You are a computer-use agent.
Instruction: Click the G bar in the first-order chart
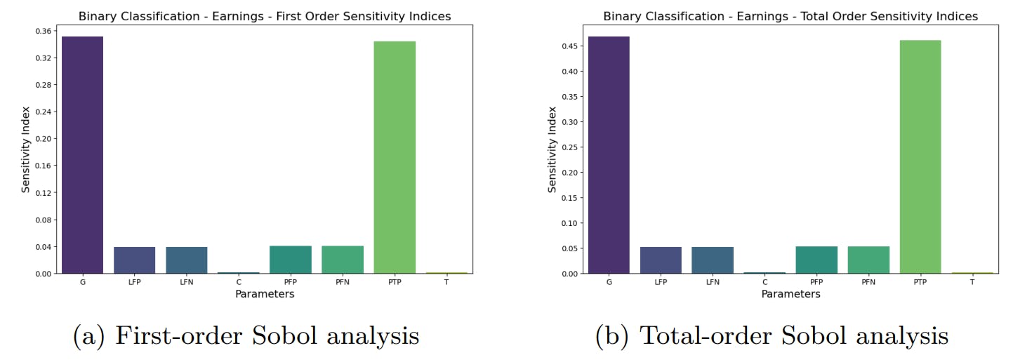pyautogui.click(x=82, y=154)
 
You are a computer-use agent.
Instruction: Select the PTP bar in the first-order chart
pyautogui.click(x=395, y=157)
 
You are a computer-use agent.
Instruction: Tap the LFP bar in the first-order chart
pyautogui.click(x=134, y=260)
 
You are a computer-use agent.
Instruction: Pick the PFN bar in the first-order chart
pyautogui.click(x=343, y=259)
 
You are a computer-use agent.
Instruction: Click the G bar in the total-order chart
pyautogui.click(x=609, y=154)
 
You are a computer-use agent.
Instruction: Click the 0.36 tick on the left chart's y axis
pyautogui.click(x=41, y=31)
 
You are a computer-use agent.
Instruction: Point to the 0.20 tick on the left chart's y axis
pyautogui.click(x=41, y=139)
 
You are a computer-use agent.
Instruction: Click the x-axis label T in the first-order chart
pyautogui.click(x=446, y=282)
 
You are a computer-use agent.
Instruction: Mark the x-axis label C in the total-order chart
pyautogui.click(x=764, y=282)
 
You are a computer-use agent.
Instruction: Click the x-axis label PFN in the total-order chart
pyautogui.click(x=868, y=282)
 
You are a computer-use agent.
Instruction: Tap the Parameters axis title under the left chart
pyautogui.click(x=265, y=294)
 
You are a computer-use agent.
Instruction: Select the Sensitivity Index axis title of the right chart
pyautogui.click(x=552, y=149)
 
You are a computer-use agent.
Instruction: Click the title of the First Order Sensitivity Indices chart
pyautogui.click(x=265, y=15)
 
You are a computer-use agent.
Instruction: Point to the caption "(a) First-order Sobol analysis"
pyautogui.click(x=246, y=336)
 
